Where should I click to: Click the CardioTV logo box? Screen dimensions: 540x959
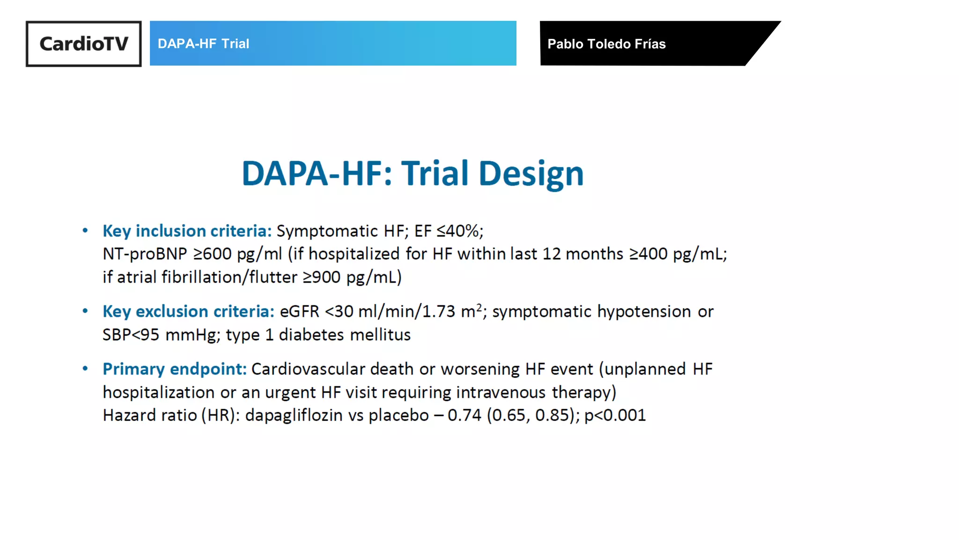pyautogui.click(x=83, y=44)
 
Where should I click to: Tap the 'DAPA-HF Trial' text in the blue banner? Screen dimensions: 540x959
pyautogui.click(x=203, y=44)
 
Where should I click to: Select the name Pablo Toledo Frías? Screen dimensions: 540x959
pyautogui.click(x=606, y=44)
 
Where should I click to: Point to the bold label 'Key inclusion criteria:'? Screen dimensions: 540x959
pyautogui.click(x=187, y=231)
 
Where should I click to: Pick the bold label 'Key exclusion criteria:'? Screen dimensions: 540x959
pyautogui.click(x=188, y=312)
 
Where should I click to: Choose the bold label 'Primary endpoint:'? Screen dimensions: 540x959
pyautogui.click(x=174, y=369)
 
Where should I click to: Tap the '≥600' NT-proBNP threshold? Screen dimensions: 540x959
pyautogui.click(x=212, y=254)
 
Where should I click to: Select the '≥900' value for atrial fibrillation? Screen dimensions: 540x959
pyautogui.click(x=322, y=277)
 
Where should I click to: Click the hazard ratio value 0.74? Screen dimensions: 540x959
pyautogui.click(x=464, y=416)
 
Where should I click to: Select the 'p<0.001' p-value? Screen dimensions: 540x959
pyautogui.click(x=615, y=416)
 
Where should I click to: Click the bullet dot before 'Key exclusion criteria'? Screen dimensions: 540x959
pyautogui.click(x=85, y=311)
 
